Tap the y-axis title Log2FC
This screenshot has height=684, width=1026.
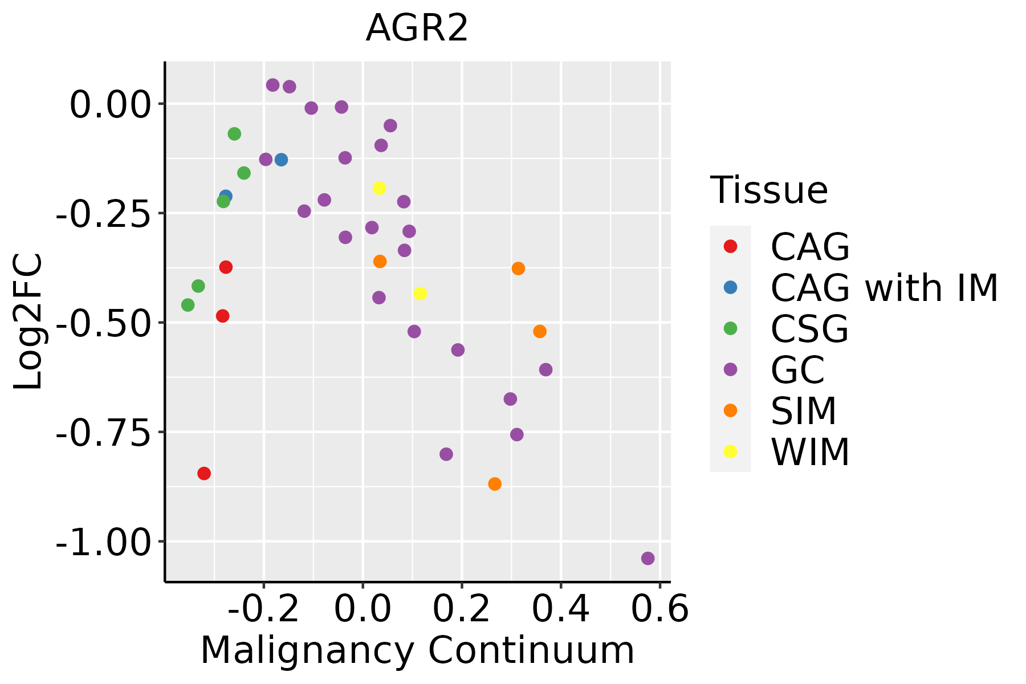click(28, 322)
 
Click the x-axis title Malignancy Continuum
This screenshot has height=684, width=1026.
click(417, 650)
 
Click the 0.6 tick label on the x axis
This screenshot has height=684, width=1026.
click(660, 609)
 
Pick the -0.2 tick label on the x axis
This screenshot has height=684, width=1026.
click(263, 609)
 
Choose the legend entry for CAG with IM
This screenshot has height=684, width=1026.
click(884, 288)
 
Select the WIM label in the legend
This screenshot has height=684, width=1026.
click(810, 452)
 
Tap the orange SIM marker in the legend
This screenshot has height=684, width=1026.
click(730, 410)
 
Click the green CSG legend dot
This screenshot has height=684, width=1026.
click(730, 328)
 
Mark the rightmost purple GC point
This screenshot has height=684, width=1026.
click(648, 558)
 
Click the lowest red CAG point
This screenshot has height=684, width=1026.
click(204, 473)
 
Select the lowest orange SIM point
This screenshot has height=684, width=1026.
click(495, 484)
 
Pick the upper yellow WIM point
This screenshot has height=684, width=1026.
click(379, 188)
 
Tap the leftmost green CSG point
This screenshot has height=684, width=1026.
click(188, 305)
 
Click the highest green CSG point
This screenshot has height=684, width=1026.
click(234, 134)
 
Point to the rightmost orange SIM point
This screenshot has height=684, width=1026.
click(540, 331)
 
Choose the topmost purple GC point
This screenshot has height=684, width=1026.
click(273, 85)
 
